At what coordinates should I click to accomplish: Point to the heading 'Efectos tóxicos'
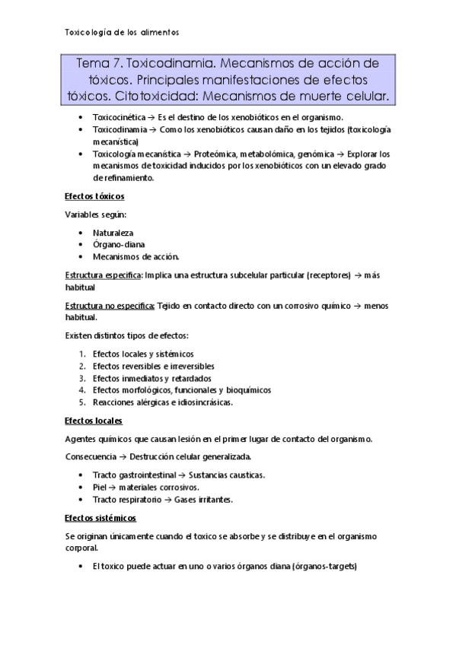pos(94,196)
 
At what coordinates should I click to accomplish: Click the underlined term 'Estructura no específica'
pos(109,306)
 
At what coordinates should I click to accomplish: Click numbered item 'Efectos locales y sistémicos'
pos(143,354)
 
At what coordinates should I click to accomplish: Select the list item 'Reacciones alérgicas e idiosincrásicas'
pos(162,402)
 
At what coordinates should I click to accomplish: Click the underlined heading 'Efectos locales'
pos(94,420)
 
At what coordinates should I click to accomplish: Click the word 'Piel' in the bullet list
pos(99,487)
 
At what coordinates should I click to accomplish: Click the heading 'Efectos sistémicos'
pos(100,518)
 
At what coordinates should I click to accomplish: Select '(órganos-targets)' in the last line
pos(314,567)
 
